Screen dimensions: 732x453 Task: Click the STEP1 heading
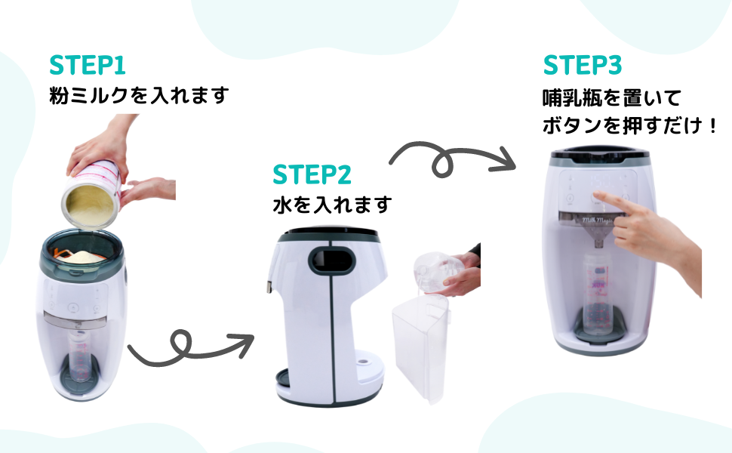coord(88,65)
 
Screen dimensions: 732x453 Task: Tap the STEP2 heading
coord(312,174)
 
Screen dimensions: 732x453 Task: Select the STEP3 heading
coord(582,65)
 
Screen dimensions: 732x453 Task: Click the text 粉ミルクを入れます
coord(139,95)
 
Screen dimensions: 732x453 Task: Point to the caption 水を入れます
coord(332,205)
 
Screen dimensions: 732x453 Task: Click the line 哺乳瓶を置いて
coord(611,99)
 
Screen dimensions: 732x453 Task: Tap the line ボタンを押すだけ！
coord(629,125)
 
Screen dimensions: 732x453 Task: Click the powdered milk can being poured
coord(92,194)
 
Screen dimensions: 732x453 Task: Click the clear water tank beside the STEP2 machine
coord(420,347)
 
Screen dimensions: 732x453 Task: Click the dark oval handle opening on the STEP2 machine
coord(333,260)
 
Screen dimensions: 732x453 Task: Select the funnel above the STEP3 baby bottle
coord(597,232)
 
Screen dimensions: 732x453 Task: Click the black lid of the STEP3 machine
coord(599,154)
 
